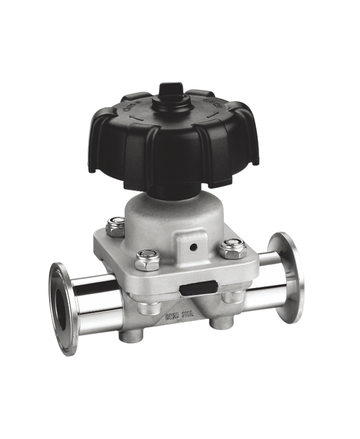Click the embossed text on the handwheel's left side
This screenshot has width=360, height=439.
[x=130, y=110]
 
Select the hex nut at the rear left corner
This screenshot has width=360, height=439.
[x=116, y=226]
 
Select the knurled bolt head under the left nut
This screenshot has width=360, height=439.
[x=146, y=308]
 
